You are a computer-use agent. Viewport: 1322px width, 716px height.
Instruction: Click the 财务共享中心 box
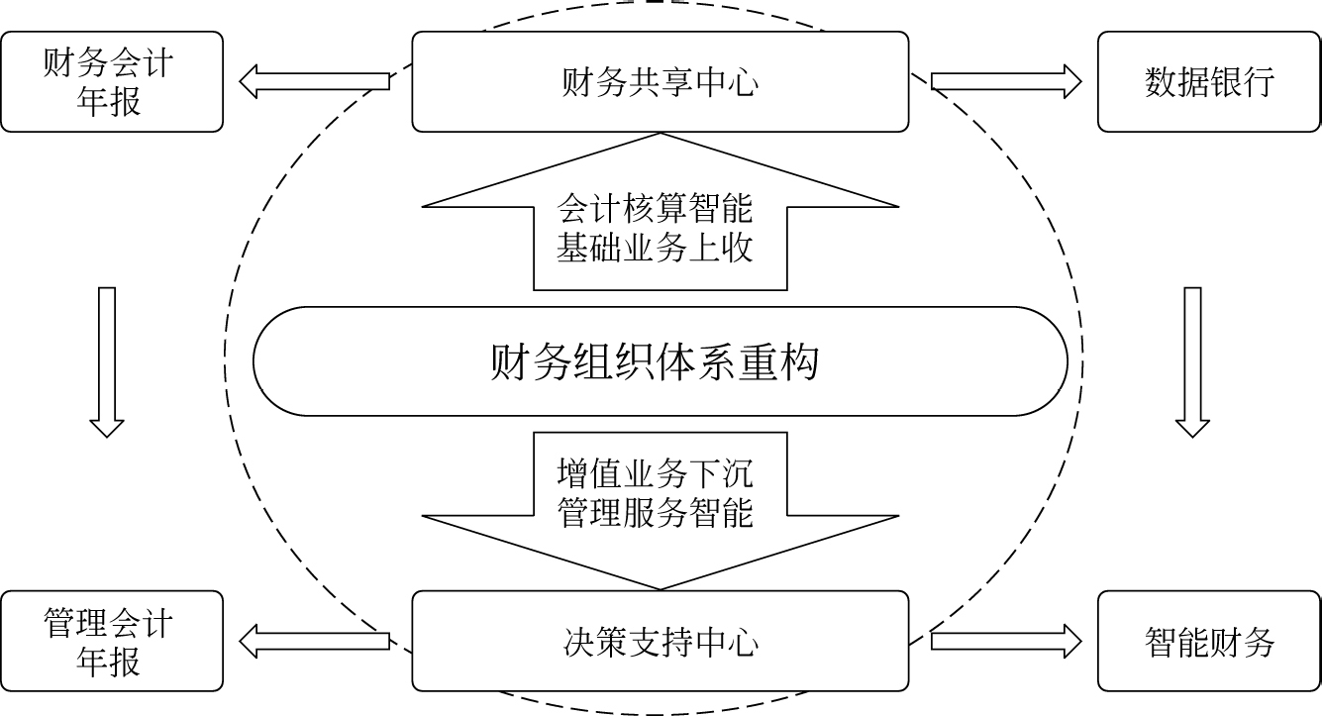(x=660, y=82)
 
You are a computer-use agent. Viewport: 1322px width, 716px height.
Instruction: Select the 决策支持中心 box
(x=660, y=641)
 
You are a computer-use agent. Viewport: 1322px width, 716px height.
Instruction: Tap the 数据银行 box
(x=1209, y=82)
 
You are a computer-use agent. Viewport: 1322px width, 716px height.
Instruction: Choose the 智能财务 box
(x=1209, y=641)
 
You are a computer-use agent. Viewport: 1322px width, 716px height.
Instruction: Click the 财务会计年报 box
(x=111, y=82)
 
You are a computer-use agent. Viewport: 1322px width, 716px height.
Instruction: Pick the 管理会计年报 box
(x=111, y=641)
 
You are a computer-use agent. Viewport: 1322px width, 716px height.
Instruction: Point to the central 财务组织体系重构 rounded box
(x=660, y=362)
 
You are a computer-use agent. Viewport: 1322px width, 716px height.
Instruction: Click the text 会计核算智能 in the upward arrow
(x=655, y=208)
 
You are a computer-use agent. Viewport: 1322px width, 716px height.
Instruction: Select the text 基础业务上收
(x=655, y=247)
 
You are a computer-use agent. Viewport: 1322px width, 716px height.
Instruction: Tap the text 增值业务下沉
(x=655, y=473)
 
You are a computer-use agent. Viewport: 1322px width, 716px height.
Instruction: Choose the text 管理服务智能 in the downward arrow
(x=655, y=512)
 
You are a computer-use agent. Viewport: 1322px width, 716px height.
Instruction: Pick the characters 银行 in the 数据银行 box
(x=1242, y=82)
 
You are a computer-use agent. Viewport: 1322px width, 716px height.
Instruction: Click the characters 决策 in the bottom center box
(x=594, y=642)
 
